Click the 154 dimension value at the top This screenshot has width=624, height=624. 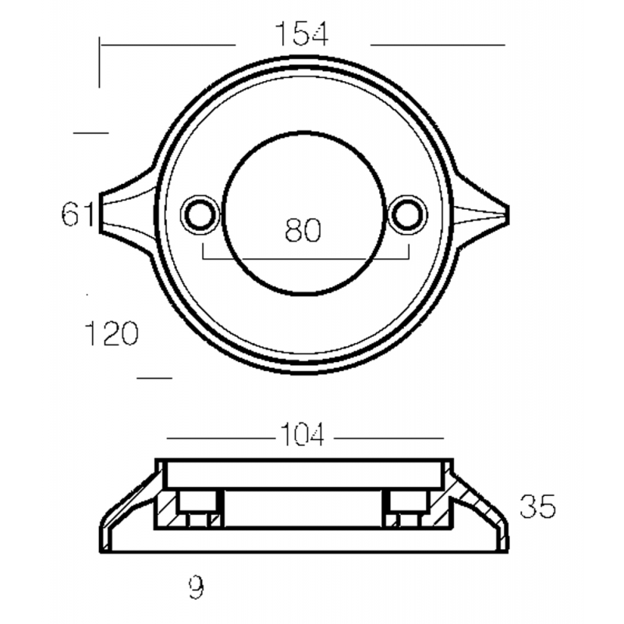pyautogui.click(x=302, y=34)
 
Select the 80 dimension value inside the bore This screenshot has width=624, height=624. pyautogui.click(x=303, y=231)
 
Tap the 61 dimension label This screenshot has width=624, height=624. pyautogui.click(x=78, y=214)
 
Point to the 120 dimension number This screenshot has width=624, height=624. pyautogui.click(x=112, y=335)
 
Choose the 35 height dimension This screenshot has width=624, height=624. pyautogui.click(x=537, y=507)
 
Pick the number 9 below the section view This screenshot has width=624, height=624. pyautogui.click(x=196, y=587)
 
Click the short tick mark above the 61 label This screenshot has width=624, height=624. pyautogui.click(x=91, y=133)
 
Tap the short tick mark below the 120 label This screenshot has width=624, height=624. pyautogui.click(x=154, y=378)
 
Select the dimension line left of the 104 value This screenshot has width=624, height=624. pyautogui.click(x=218, y=438)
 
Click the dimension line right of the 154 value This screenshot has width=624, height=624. pyautogui.click(x=437, y=44)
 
